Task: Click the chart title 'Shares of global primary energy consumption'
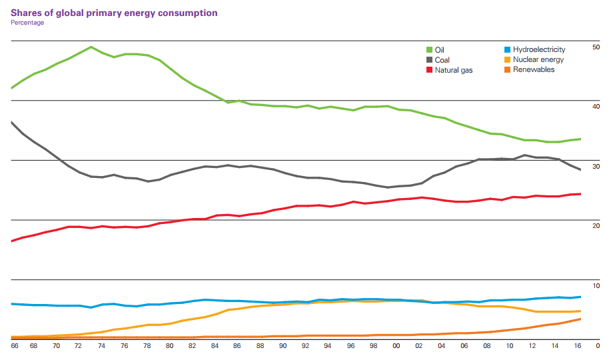pyautogui.click(x=114, y=13)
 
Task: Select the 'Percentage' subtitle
pyautogui.click(x=27, y=23)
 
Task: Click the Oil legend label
pyautogui.click(x=439, y=50)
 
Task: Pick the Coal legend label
pyautogui.click(x=442, y=60)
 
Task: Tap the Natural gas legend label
pyautogui.click(x=454, y=70)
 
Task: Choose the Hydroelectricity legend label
pyautogui.click(x=539, y=50)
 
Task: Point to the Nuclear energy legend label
pyautogui.click(x=538, y=60)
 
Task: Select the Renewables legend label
pyautogui.click(x=533, y=70)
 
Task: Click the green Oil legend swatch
pyautogui.click(x=430, y=50)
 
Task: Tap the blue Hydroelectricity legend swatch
pyautogui.click(x=508, y=50)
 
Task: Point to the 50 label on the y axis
pyautogui.click(x=596, y=47)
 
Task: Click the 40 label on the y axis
pyautogui.click(x=596, y=107)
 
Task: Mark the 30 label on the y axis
pyautogui.click(x=596, y=167)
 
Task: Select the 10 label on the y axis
pyautogui.click(x=596, y=286)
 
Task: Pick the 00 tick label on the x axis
pyautogui.click(x=396, y=346)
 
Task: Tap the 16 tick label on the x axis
pyautogui.click(x=578, y=346)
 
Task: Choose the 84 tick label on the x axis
pyautogui.click(x=215, y=346)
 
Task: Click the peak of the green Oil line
pyautogui.click(x=91, y=47)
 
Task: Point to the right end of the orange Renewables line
pyautogui.click(x=580, y=319)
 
